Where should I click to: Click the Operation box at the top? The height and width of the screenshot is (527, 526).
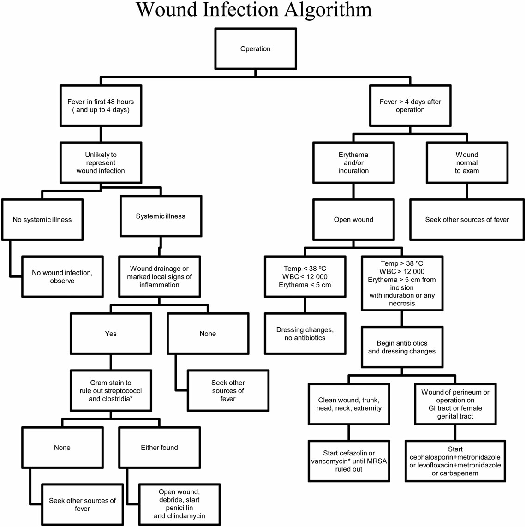[255, 49]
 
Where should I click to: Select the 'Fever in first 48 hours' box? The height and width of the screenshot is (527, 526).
[100, 106]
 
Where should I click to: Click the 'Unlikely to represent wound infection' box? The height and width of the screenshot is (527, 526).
[100, 163]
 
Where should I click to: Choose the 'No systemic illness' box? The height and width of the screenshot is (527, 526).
[42, 220]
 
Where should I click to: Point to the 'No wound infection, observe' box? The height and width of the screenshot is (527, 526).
[62, 276]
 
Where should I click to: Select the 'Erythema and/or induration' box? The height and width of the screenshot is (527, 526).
[353, 162]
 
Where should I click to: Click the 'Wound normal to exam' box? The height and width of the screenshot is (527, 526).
[467, 162]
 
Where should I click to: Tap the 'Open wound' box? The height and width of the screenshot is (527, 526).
[353, 220]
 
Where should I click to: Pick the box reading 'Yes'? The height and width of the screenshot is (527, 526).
[111, 334]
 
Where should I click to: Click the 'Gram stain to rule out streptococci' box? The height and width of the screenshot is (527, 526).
[111, 390]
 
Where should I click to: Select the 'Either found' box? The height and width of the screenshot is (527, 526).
[159, 447]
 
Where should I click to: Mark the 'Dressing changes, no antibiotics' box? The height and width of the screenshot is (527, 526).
[305, 334]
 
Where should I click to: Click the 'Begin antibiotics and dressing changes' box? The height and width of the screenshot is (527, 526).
[402, 347]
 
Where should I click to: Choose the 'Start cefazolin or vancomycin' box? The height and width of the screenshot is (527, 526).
[349, 461]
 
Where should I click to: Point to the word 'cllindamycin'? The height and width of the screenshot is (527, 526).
[179, 516]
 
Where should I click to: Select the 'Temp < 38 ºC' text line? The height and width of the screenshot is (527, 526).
[305, 268]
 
